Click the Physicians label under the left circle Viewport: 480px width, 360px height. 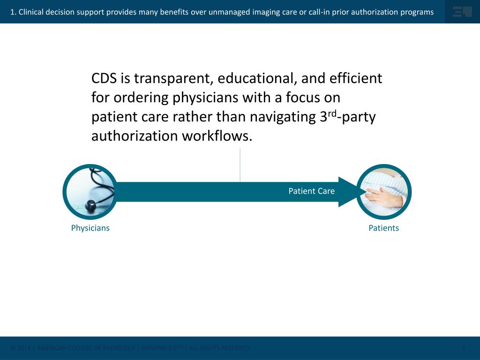click(90, 228)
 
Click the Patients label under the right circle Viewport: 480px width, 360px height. click(383, 228)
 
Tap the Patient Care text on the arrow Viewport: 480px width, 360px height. click(311, 191)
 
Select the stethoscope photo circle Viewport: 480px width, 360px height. click(90, 192)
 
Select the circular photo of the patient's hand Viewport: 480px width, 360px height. click(384, 192)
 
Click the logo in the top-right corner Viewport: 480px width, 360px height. click(462, 12)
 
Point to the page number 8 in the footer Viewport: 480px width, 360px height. click(463, 348)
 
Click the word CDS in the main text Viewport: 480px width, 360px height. click(105, 78)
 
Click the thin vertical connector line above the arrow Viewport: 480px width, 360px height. click(240, 165)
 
